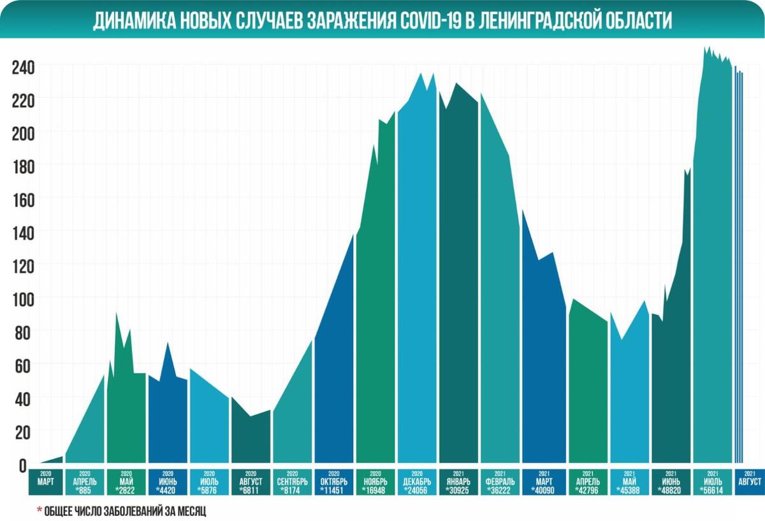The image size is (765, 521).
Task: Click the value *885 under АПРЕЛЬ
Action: [x=85, y=490]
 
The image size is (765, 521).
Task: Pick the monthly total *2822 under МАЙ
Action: [x=126, y=490]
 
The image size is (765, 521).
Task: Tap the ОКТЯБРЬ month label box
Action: [x=334, y=482]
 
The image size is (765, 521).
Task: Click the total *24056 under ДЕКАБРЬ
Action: [x=418, y=490]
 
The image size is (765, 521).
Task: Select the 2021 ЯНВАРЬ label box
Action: [x=458, y=482]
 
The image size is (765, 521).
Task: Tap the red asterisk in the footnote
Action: [x=39, y=511]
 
